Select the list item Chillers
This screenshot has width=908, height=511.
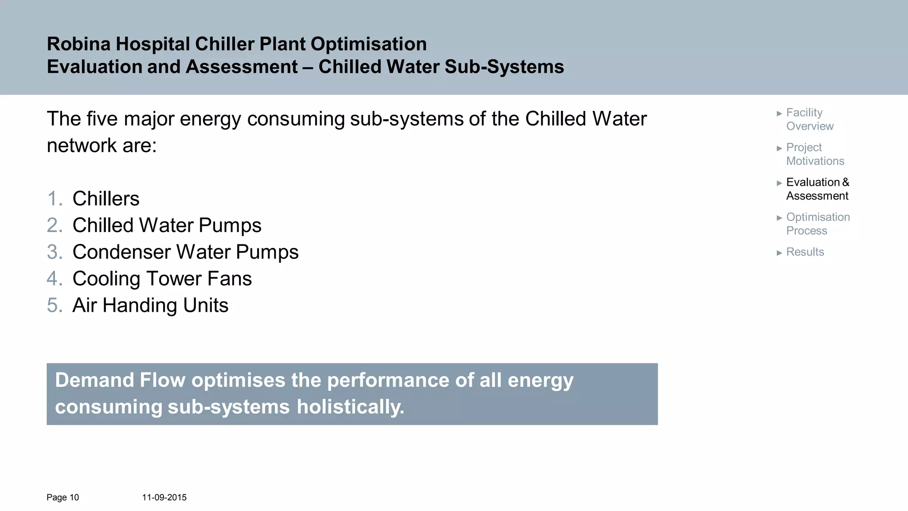pyautogui.click(x=106, y=199)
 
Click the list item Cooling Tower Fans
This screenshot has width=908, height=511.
pyautogui.click(x=162, y=279)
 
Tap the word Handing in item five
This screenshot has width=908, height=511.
pyautogui.click(x=140, y=305)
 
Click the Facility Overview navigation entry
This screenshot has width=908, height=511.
pyautogui.click(x=810, y=119)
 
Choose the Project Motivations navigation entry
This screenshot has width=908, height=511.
pyautogui.click(x=814, y=154)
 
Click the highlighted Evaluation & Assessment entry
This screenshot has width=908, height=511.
pyautogui.click(x=817, y=189)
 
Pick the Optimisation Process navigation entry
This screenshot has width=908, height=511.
pyautogui.click(x=818, y=224)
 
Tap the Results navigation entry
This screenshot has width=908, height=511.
pyautogui.click(x=805, y=252)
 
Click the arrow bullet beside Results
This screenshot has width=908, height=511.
pyautogui.click(x=779, y=253)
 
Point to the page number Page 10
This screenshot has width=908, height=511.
pyautogui.click(x=63, y=497)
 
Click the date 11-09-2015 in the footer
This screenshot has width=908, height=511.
pyautogui.click(x=164, y=497)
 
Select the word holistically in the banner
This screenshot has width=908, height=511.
pyautogui.click(x=350, y=407)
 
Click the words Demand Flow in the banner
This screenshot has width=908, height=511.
pyautogui.click(x=120, y=380)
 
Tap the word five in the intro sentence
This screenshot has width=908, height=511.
pyautogui.click(x=102, y=119)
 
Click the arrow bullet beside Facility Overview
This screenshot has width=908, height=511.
pyautogui.click(x=779, y=114)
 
